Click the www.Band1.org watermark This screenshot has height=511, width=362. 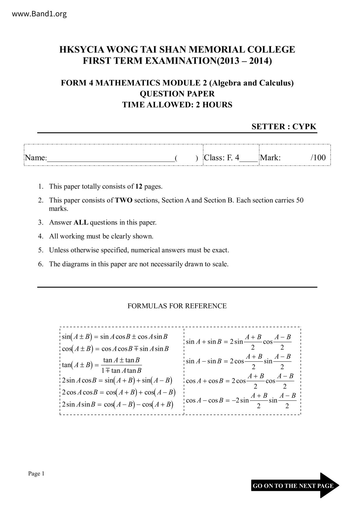tap(39, 14)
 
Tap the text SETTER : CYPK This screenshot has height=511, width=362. tap(284, 126)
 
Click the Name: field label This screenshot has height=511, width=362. tap(36, 158)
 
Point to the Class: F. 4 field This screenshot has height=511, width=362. tap(222, 158)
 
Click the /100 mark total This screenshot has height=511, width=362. tap(318, 158)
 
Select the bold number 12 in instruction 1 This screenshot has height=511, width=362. tap(139, 186)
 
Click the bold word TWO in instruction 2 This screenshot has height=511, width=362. tap(124, 200)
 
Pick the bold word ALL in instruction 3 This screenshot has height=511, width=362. tap(81, 223)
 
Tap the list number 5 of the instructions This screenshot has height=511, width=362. tap(40, 250)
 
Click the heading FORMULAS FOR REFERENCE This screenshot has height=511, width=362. tap(177, 306)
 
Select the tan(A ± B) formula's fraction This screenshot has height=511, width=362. tap(121, 365)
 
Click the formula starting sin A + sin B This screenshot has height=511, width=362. tap(239, 342)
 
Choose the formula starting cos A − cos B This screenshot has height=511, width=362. tap(241, 401)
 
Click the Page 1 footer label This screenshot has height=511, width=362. tap(36, 474)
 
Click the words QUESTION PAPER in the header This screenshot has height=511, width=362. tap(177, 94)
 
